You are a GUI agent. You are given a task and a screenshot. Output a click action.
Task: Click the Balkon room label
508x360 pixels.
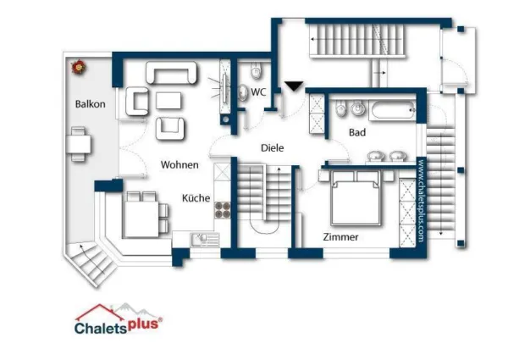(x=90, y=104)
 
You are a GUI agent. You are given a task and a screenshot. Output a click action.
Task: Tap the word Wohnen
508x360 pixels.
(x=179, y=164)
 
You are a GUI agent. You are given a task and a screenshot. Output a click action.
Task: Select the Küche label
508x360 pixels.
(x=196, y=198)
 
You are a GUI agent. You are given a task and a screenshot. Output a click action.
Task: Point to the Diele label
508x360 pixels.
(x=272, y=148)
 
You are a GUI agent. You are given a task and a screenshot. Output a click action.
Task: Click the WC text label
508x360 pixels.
(x=258, y=92)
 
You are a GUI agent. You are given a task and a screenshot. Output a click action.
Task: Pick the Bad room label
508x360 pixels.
(x=357, y=132)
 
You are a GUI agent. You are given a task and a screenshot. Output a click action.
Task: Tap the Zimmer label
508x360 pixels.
(x=340, y=237)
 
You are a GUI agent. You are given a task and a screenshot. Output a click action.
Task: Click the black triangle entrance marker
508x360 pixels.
(x=294, y=86)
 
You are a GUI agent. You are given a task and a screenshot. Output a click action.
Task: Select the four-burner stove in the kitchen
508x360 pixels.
(x=223, y=210)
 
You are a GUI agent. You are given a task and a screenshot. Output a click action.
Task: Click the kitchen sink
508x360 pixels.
(x=205, y=240)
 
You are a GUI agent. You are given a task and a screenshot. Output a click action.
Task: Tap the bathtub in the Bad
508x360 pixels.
(x=392, y=110)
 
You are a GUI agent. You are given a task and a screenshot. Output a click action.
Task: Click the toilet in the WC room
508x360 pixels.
(x=256, y=70)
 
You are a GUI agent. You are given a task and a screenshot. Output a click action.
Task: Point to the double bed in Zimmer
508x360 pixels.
(x=356, y=198)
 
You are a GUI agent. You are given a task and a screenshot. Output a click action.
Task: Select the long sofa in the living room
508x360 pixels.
(x=171, y=72)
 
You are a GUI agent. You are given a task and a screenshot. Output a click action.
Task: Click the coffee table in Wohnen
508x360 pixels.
(x=168, y=101)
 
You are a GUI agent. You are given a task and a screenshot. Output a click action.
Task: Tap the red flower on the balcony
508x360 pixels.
(x=79, y=67)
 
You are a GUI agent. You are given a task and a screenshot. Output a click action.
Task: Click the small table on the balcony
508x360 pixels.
(x=79, y=145)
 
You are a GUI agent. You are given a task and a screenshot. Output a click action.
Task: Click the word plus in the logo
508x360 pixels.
(x=145, y=324)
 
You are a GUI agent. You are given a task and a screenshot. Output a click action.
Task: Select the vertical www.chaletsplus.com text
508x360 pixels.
(x=421, y=201)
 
